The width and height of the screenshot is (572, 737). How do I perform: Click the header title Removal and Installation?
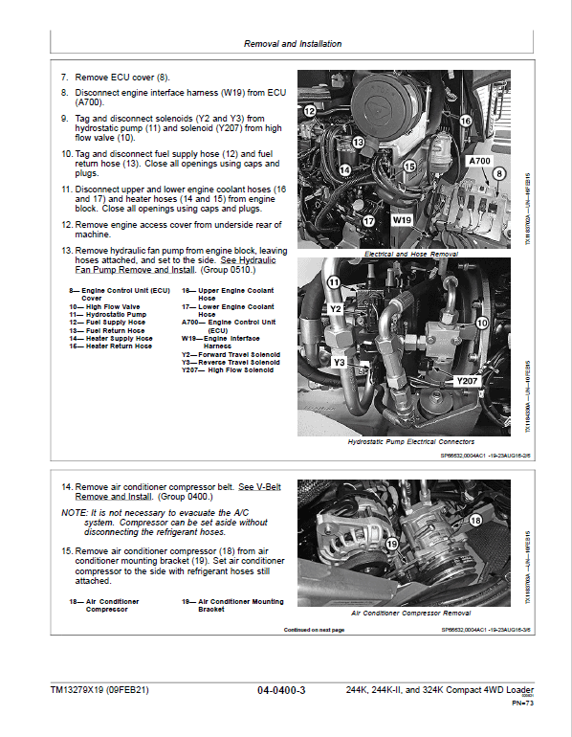pyautogui.click(x=292, y=44)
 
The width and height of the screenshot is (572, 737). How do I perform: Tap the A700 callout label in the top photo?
pyautogui.click(x=479, y=162)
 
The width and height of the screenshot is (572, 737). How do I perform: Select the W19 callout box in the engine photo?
pyautogui.click(x=401, y=219)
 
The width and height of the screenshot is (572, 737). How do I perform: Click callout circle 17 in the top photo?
pyautogui.click(x=367, y=221)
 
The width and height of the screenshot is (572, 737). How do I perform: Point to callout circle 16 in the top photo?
pyautogui.click(x=465, y=121)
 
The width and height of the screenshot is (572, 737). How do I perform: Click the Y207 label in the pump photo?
pyautogui.click(x=467, y=381)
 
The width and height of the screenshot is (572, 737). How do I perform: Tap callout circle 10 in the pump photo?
pyautogui.click(x=481, y=324)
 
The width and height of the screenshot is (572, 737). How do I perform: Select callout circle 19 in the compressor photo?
pyautogui.click(x=391, y=544)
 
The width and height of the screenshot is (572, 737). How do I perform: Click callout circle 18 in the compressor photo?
pyautogui.click(x=475, y=520)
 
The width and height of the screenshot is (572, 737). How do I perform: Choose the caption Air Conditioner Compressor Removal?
pyautogui.click(x=410, y=612)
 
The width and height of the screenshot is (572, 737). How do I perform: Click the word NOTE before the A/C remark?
pyautogui.click(x=73, y=513)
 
